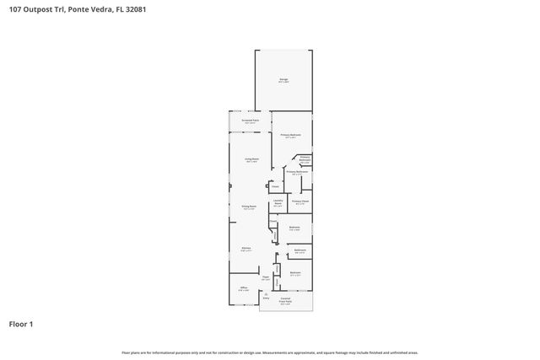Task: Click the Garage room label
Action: [283, 79]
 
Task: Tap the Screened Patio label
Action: [250, 121]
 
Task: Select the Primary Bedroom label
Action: [291, 135]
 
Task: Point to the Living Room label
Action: [251, 159]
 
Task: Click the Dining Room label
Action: [249, 206]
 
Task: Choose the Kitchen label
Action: [246, 248]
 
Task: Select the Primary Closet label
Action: [300, 201]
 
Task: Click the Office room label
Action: [243, 287]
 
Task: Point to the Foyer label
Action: [265, 277]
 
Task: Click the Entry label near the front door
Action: [266, 298]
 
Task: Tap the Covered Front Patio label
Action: [285, 302]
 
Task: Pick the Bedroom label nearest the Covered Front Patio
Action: [295, 272]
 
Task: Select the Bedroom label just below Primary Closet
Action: [295, 227]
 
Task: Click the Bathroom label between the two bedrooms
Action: [300, 250]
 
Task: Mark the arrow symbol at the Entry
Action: [266, 293]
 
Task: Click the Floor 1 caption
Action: [21, 323]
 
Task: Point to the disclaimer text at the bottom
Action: [270, 352]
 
